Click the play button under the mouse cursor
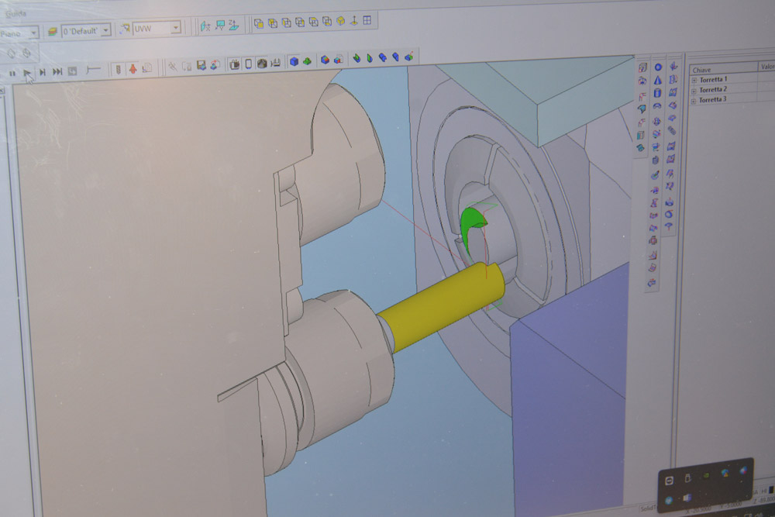27,72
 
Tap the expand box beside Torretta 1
694,80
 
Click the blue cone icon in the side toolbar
658,80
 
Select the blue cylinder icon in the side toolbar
658,92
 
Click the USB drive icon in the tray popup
687,476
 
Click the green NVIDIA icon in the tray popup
706,475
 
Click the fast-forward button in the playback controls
57,71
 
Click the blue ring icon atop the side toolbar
658,67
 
